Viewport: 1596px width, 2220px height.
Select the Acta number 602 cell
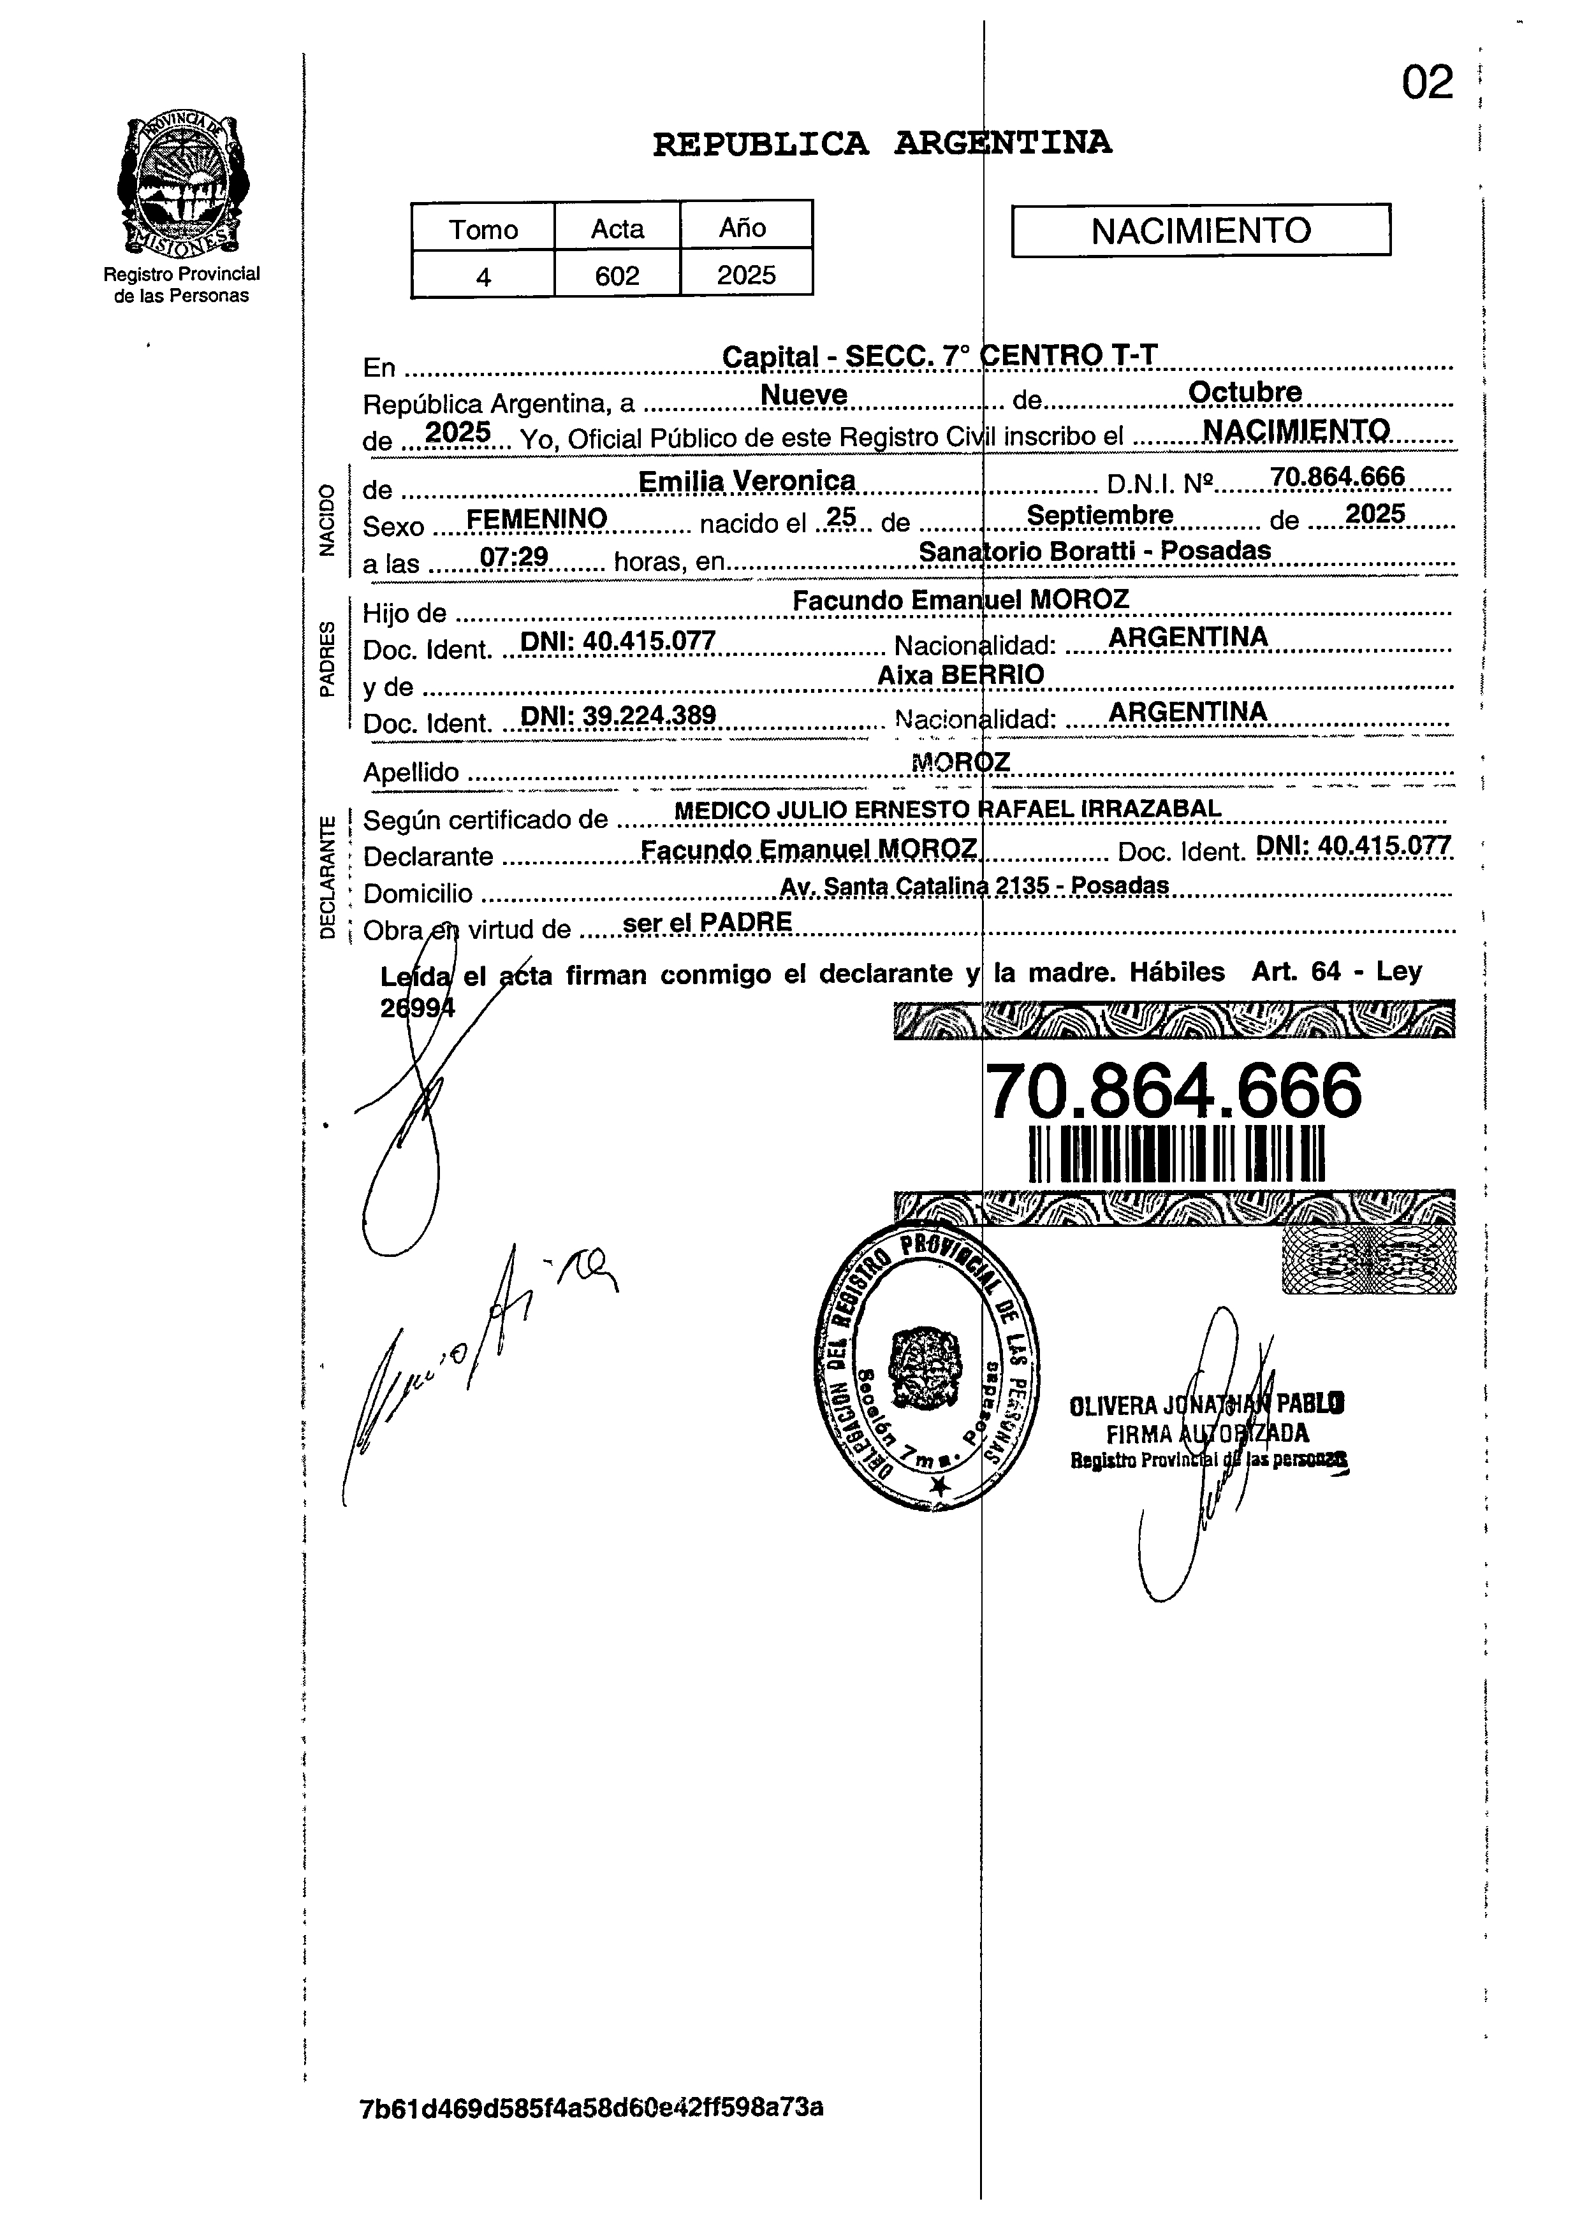click(x=617, y=275)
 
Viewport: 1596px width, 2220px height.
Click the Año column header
click(x=743, y=228)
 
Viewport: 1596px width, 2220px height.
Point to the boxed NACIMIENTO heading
click(x=1201, y=231)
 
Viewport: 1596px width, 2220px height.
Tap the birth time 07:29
click(x=513, y=557)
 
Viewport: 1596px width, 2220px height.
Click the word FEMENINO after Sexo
click(x=536, y=519)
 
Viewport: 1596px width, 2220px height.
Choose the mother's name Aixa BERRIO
click(x=960, y=674)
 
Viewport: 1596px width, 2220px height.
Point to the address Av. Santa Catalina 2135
click(x=973, y=886)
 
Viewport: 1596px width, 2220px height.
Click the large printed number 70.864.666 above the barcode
click(x=1172, y=1091)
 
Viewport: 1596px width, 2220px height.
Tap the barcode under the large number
click(x=1177, y=1154)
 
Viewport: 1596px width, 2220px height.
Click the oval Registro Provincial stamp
click(x=927, y=1365)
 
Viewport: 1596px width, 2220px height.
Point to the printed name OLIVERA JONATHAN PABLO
click(x=1206, y=1405)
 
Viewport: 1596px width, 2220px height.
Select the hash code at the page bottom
click(x=591, y=2107)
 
